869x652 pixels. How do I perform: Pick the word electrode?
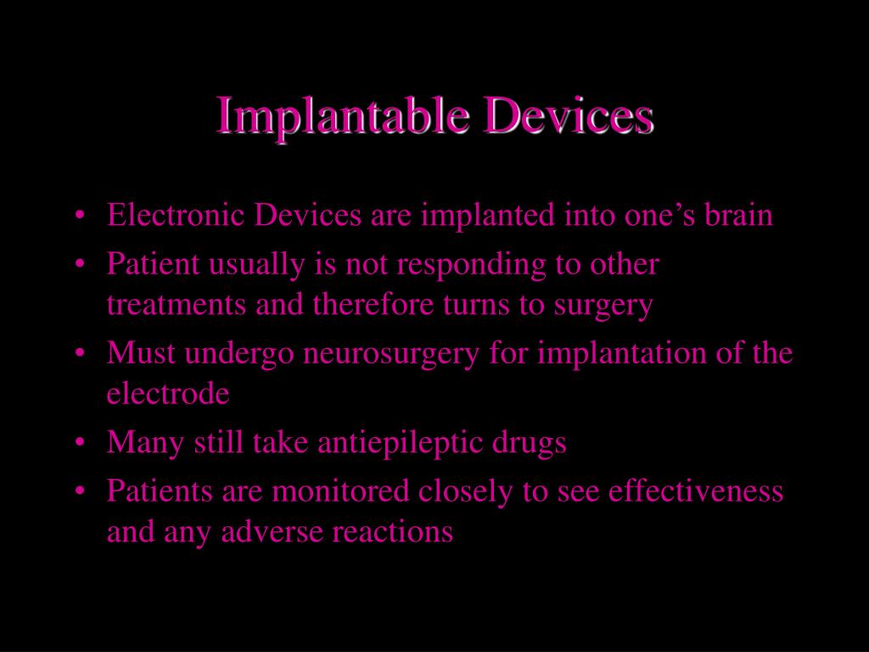[x=168, y=394]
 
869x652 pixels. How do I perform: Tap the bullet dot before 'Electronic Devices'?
[x=79, y=216]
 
